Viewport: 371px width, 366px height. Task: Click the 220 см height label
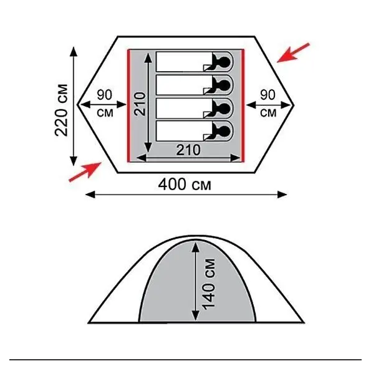[62, 110]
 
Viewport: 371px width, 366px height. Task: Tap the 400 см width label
[185, 185]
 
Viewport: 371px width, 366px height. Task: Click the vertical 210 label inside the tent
[140, 104]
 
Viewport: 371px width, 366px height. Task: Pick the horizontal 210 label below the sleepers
[188, 150]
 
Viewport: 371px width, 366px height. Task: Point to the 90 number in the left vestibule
[104, 95]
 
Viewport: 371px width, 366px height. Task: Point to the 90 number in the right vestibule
[268, 95]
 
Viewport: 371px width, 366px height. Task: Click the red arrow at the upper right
[293, 53]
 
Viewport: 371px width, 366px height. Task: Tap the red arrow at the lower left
[85, 171]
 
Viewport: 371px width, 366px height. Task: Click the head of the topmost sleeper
[224, 62]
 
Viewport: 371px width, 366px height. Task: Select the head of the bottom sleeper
[224, 131]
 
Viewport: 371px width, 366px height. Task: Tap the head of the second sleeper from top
[224, 85]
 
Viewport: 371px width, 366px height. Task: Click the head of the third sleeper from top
[224, 108]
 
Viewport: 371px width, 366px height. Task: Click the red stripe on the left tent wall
[129, 106]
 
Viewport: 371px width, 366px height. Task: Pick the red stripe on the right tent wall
[243, 106]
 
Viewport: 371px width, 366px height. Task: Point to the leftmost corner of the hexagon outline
[78, 104]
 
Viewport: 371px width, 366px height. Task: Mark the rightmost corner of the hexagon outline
[294, 104]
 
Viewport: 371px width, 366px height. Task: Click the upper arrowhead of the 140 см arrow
[196, 246]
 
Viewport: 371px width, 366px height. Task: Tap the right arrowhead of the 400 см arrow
[282, 195]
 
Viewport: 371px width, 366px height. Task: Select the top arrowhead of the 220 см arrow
[74, 52]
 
